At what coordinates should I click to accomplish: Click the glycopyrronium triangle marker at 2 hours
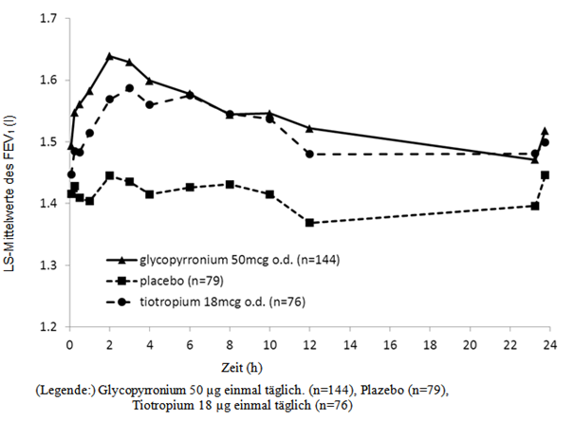tap(110, 56)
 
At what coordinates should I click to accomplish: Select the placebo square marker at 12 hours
tap(310, 222)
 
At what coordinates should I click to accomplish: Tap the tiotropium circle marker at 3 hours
tap(130, 88)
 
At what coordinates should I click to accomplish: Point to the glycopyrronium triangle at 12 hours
tap(310, 128)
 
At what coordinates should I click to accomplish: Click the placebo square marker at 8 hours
tap(230, 184)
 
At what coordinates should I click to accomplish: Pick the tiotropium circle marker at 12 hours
tap(310, 154)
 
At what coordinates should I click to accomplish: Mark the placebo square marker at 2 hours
tap(110, 175)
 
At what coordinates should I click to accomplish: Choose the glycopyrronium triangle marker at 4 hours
tap(150, 81)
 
